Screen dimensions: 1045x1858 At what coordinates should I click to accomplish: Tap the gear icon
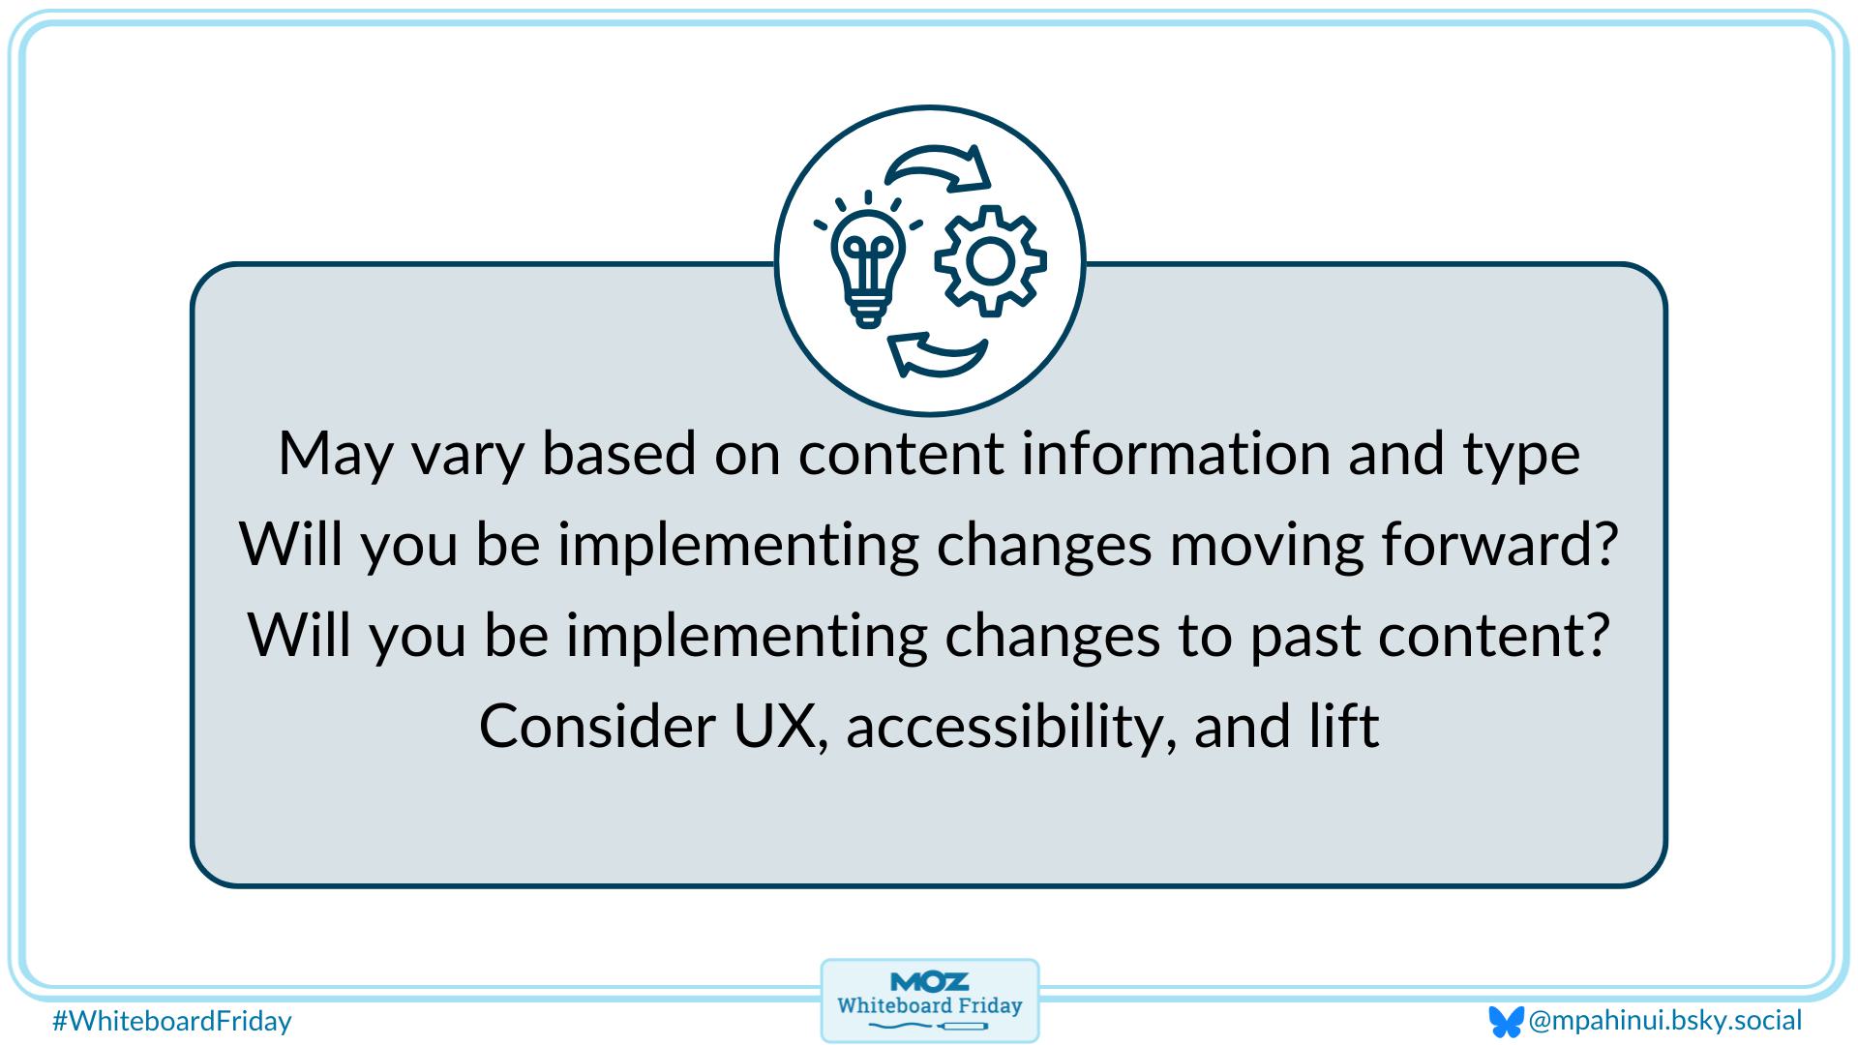coord(989,261)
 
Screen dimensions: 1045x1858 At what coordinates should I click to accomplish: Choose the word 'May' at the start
coord(336,454)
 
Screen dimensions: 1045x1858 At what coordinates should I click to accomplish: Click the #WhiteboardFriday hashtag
coord(172,1021)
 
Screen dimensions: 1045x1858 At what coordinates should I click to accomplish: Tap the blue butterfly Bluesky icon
coord(1506,1022)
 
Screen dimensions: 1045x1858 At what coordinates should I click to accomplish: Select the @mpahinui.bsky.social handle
coord(1664,1020)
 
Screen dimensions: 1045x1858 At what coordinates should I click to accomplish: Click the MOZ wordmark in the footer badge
coord(929,982)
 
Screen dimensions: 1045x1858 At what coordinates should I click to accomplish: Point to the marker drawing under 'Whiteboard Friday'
coord(929,1026)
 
